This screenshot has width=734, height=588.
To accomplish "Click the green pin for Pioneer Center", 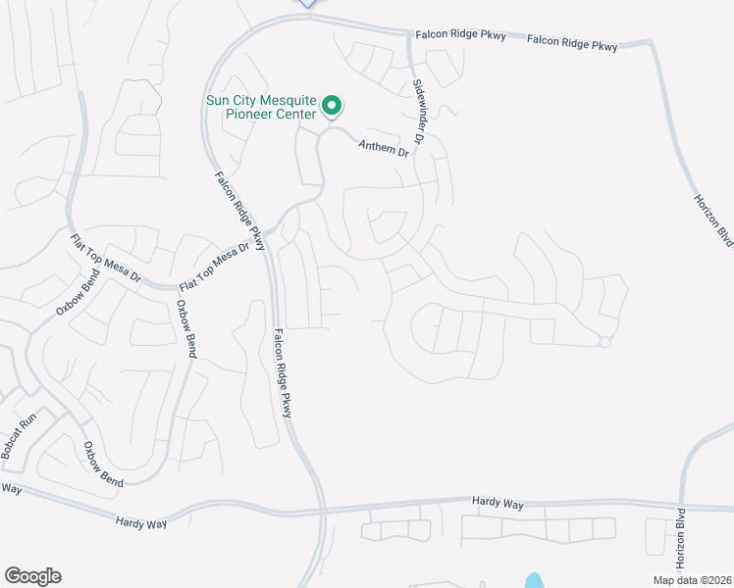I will [x=332, y=104].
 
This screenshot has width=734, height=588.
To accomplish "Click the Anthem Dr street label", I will [x=382, y=149].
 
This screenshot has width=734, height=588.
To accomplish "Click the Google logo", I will [x=32, y=576].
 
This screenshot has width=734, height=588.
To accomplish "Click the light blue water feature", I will [x=533, y=581].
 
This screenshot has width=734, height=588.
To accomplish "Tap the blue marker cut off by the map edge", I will [x=307, y=3].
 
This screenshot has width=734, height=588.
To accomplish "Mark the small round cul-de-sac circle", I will [x=605, y=341].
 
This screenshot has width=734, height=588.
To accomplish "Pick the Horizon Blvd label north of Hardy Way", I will [x=713, y=218].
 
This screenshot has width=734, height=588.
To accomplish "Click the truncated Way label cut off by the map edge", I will [x=11, y=487].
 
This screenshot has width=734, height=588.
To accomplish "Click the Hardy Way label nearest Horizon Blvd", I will [x=498, y=503].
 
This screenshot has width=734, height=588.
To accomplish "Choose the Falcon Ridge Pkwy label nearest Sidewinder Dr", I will [x=459, y=34].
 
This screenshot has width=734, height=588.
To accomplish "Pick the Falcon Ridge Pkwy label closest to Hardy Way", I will [x=283, y=373].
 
